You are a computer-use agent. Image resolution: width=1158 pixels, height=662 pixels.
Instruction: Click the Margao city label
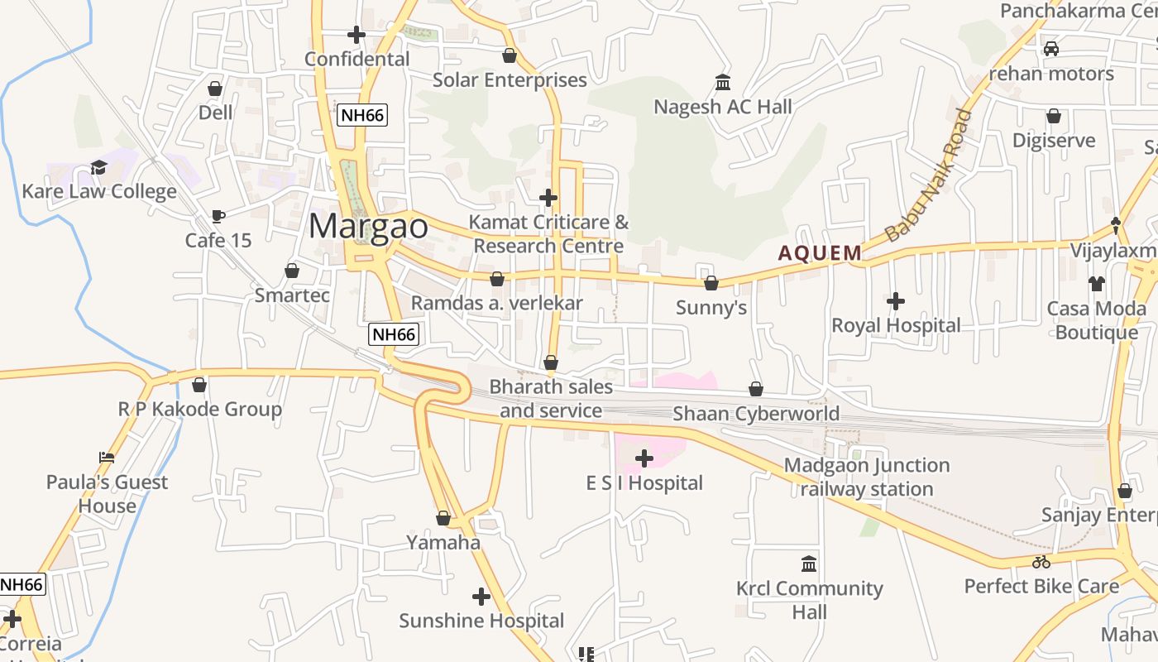369,226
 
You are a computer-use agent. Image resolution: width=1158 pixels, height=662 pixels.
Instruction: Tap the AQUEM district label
820,253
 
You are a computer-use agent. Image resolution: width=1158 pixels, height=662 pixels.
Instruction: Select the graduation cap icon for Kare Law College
99,168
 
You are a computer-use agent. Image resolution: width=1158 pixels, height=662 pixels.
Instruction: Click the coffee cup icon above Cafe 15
218,217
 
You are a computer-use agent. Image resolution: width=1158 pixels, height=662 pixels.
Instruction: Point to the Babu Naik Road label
929,175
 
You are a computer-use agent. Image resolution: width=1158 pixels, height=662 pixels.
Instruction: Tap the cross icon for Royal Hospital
896,301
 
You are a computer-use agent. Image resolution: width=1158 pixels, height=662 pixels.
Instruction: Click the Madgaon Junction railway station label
867,477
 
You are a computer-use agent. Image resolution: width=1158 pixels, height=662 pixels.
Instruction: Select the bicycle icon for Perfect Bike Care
1041,563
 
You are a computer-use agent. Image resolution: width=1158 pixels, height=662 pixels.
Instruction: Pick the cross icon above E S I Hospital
644,458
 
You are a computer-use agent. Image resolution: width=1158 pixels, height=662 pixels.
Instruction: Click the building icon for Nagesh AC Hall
723,83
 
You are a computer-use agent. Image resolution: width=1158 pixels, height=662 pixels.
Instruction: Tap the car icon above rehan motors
1051,49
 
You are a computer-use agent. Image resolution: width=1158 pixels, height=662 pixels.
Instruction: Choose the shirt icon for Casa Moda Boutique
1097,284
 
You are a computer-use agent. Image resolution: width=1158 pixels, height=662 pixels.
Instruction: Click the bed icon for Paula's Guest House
106,458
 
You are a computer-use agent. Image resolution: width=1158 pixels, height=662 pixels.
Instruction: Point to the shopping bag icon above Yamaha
443,519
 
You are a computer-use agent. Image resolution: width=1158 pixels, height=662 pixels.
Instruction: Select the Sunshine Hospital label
481,621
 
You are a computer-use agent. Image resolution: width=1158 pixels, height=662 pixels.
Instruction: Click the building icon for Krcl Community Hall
810,564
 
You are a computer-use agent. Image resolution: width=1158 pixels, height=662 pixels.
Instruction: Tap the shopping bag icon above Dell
216,89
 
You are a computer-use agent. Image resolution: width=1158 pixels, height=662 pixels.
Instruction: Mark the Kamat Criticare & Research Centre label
548,234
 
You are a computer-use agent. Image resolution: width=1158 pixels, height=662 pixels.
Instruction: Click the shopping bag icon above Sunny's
711,284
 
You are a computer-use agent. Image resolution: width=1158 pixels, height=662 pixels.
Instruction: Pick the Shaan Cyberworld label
756,414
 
